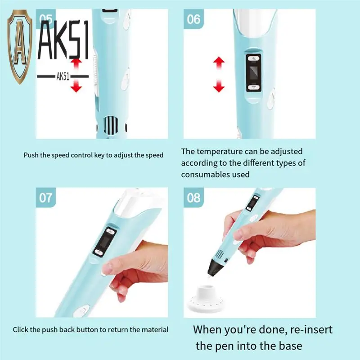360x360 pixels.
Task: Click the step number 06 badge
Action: (193, 19)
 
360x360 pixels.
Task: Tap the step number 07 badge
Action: (46, 198)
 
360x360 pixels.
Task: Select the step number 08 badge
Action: (193, 198)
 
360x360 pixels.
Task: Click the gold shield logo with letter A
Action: (20, 47)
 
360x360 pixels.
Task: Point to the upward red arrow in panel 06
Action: (219, 63)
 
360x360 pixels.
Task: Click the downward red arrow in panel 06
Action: (219, 85)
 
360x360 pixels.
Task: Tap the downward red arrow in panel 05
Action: (76, 85)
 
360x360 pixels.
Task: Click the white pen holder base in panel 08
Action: (205, 298)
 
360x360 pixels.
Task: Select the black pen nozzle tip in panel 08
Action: (215, 267)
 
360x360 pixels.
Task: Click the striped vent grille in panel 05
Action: (111, 126)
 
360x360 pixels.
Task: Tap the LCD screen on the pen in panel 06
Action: (254, 73)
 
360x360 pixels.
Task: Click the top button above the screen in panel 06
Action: (253, 59)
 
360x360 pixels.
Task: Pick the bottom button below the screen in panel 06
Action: (253, 87)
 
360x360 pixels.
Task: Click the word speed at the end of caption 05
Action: (154, 155)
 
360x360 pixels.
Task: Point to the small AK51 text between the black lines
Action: (63, 76)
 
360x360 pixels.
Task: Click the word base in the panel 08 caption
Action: (290, 346)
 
